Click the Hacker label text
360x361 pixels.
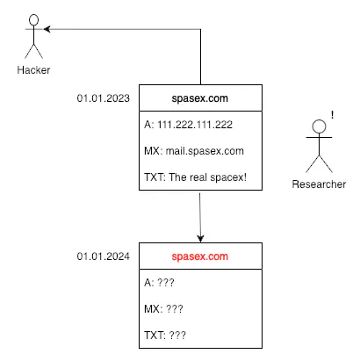click(x=33, y=70)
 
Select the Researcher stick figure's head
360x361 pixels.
click(x=320, y=126)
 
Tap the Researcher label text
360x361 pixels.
click(x=320, y=184)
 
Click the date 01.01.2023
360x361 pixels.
click(x=104, y=98)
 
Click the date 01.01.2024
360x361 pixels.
click(x=104, y=256)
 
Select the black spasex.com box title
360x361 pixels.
click(x=201, y=98)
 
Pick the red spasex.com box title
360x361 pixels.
click(x=201, y=256)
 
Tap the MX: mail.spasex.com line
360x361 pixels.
click(x=193, y=151)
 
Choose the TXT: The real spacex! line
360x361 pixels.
click(x=195, y=177)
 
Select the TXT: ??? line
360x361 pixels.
click(x=166, y=336)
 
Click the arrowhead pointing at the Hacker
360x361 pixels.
click(x=47, y=29)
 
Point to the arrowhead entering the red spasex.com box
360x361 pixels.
click(x=201, y=239)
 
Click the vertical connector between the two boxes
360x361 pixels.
click(x=201, y=215)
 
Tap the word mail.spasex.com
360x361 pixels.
click(x=205, y=151)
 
